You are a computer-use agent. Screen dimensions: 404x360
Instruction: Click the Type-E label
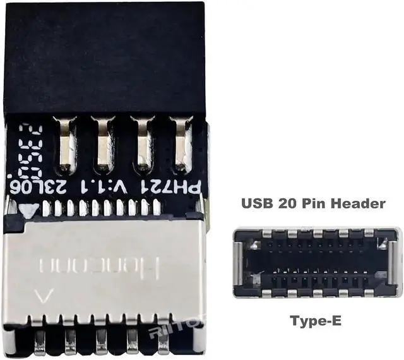[x=316, y=321]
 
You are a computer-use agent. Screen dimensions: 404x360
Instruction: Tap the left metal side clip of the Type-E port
[x=238, y=263]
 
